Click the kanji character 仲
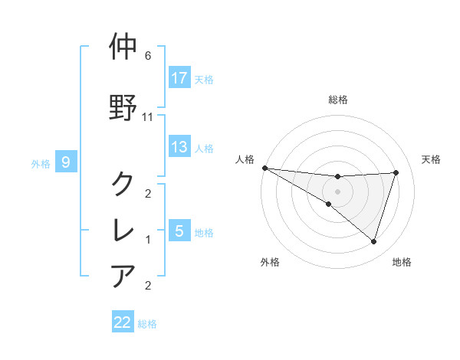123,47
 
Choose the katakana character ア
123,275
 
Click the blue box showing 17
179,78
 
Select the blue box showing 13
179,147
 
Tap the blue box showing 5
179,231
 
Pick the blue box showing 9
67,162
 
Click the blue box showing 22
123,322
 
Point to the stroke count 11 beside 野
149,117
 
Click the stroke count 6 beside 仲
148,56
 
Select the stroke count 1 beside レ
148,240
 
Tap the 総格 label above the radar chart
338,100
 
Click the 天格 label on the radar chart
432,159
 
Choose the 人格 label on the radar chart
245,159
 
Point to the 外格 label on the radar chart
270,262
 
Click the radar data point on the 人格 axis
264,167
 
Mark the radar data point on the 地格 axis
373,241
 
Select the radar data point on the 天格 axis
396,172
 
